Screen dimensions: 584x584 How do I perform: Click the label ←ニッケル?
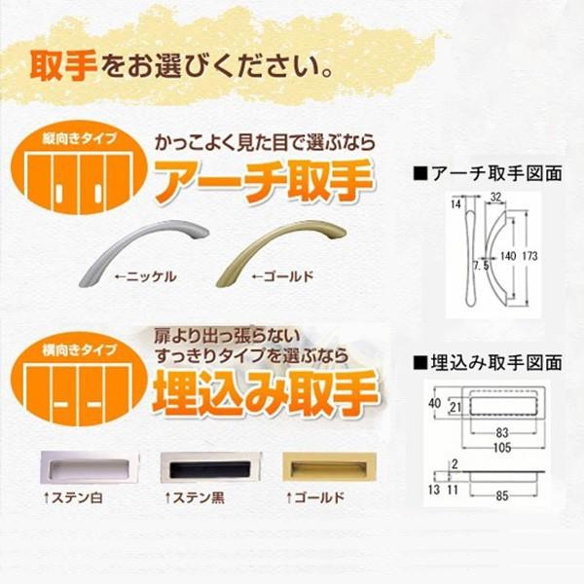point(145,276)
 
